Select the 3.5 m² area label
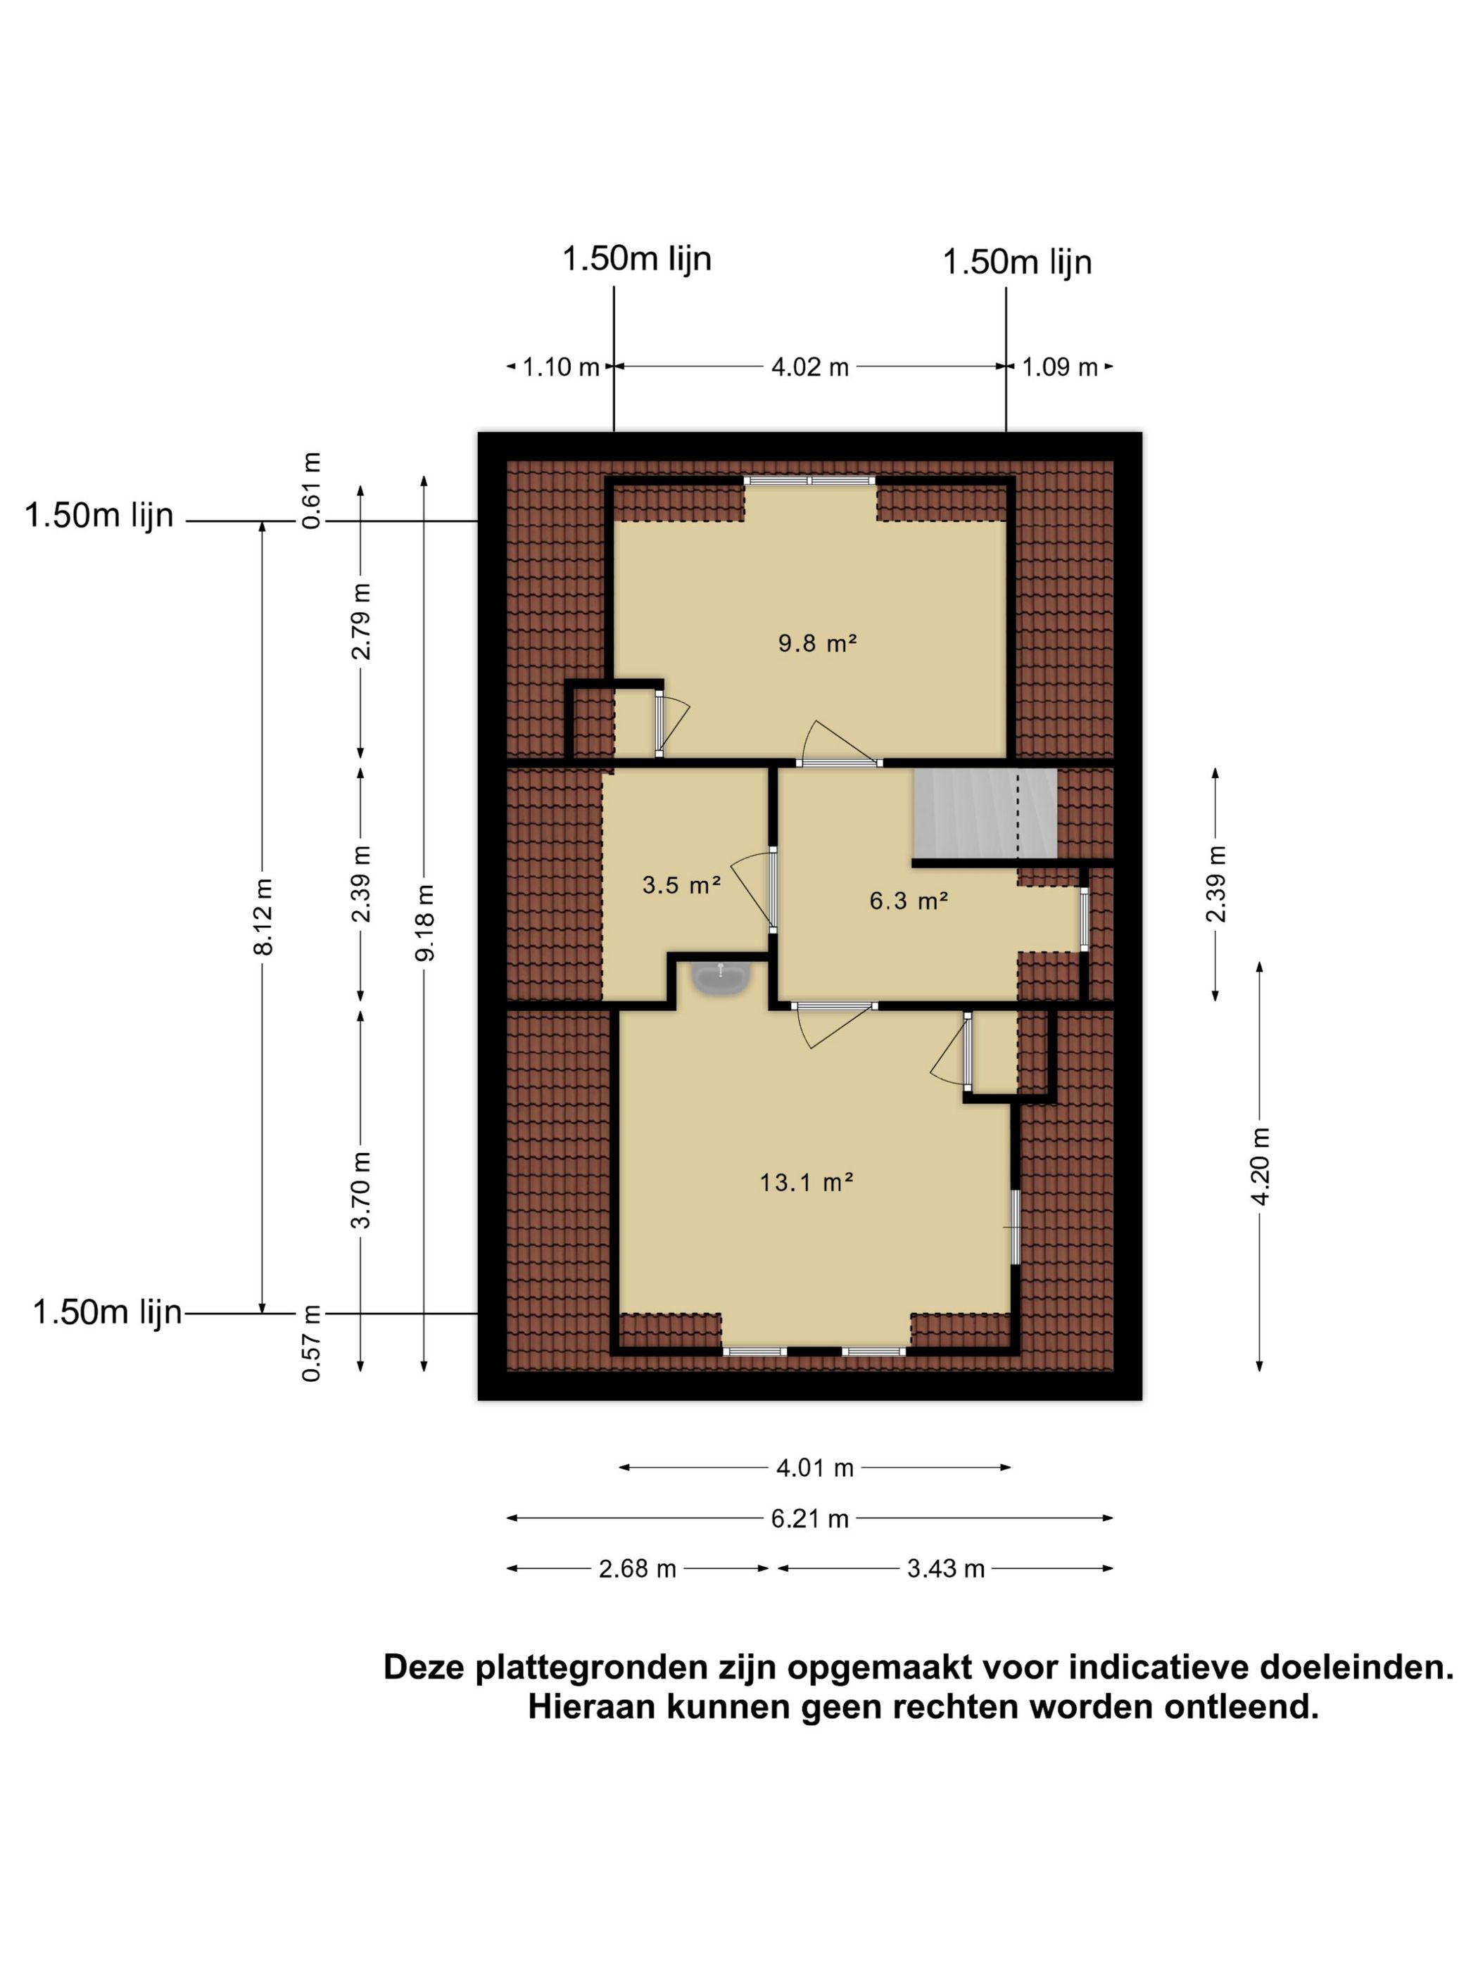(681, 884)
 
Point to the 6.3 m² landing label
(908, 901)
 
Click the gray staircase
(983, 813)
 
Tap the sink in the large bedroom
(721, 978)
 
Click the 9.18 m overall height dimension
(425, 922)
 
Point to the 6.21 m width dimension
(809, 1518)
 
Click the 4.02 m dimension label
(809, 367)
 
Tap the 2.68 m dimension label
(637, 1568)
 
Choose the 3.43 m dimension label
(945, 1568)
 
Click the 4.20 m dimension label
(1260, 1166)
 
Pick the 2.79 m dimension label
(361, 621)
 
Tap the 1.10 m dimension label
(560, 367)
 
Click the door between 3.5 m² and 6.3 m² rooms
(771, 888)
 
